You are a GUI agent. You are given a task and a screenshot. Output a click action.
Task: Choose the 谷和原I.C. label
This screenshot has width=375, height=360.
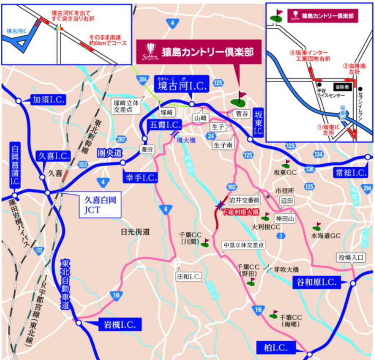(x=316, y=282)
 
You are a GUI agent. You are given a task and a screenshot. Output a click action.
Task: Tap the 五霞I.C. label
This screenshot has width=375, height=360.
(x=165, y=124)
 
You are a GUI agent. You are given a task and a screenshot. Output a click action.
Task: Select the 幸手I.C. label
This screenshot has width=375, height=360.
(x=140, y=177)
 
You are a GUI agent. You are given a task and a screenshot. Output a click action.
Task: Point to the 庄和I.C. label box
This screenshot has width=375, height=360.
(x=189, y=276)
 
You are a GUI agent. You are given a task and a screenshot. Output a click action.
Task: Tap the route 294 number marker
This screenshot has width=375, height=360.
(x=367, y=189)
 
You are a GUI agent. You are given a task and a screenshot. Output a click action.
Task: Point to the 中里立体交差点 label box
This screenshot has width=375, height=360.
(x=244, y=245)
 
